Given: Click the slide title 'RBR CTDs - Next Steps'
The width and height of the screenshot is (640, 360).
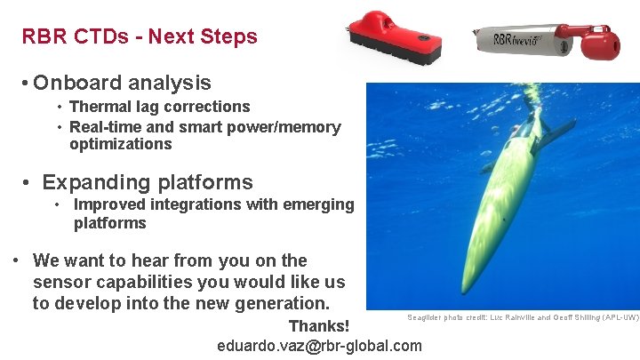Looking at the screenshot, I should pyautogui.click(x=140, y=36).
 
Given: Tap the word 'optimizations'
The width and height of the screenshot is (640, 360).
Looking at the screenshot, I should pyautogui.click(x=120, y=144).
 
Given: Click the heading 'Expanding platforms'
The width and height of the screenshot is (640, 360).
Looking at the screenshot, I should pyautogui.click(x=148, y=182).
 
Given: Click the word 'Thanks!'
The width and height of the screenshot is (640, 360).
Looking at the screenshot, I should pyautogui.click(x=319, y=326).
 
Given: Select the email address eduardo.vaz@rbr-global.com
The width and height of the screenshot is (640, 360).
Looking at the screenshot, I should pyautogui.click(x=319, y=345).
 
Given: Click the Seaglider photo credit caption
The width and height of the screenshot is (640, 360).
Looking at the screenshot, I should pyautogui.click(x=523, y=317).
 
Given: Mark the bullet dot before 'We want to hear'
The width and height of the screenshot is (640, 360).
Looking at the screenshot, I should pyautogui.click(x=17, y=261).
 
